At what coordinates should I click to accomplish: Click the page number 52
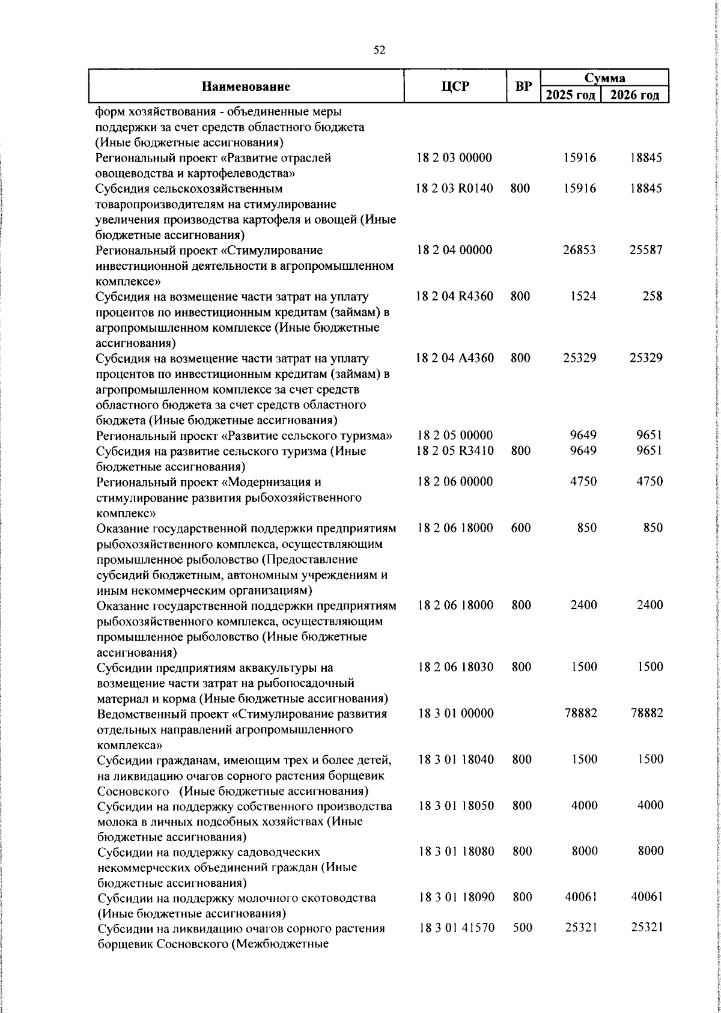tap(379, 50)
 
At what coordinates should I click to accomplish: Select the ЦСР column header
tap(455, 87)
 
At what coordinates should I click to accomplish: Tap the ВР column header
tap(523, 87)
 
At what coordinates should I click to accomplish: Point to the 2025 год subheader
tap(571, 95)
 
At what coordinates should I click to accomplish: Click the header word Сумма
tap(604, 78)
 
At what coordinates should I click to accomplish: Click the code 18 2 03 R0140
tap(455, 189)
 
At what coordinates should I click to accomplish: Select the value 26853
tap(579, 250)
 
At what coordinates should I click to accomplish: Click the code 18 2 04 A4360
tap(455, 358)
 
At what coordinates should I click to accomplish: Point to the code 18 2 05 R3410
tap(455, 451)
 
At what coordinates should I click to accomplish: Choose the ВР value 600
tap(520, 528)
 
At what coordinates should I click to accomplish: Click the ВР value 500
tap(522, 945)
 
